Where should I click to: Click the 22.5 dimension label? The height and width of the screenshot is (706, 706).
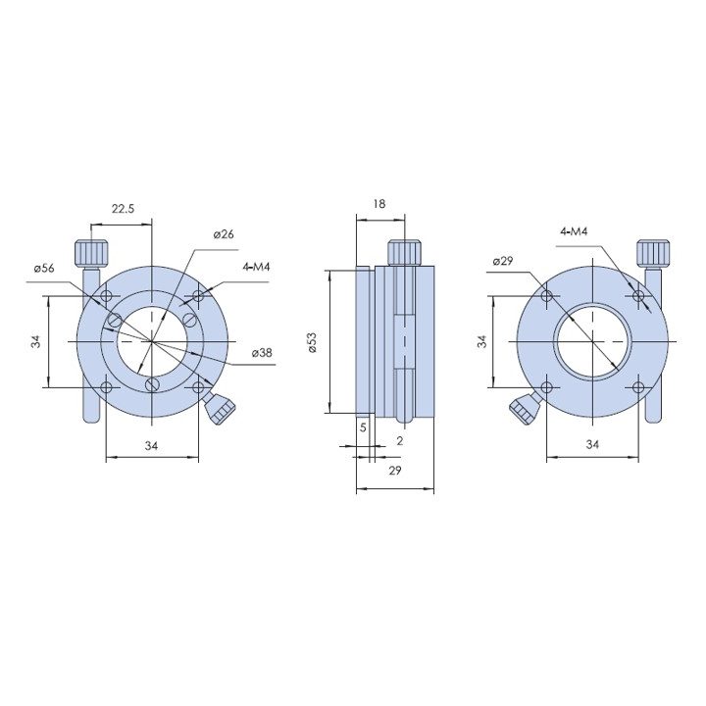pos(123,209)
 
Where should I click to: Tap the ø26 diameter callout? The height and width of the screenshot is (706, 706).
pos(224,234)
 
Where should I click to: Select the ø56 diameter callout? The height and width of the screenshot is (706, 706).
pos(44,268)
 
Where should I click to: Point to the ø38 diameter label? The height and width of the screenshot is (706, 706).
pos(262,353)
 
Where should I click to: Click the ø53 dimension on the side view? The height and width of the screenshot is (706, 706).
pos(313,342)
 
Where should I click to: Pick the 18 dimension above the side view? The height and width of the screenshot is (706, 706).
pos(379,204)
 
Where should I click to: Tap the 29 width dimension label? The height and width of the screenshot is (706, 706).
pos(395,471)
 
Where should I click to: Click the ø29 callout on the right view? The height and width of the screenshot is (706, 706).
pos(502,261)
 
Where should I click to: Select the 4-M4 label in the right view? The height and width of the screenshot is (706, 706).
pos(574,231)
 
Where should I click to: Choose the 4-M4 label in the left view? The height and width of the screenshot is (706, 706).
pos(256,267)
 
